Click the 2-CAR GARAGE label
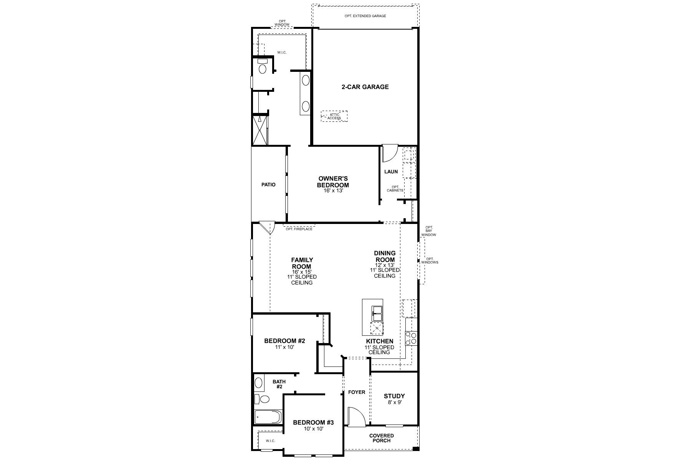point(365,87)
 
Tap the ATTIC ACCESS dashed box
point(334,116)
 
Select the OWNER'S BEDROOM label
point(333,182)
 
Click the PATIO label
point(268,184)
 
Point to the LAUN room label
point(391,172)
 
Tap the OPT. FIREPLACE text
point(299,229)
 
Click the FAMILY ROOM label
point(302,263)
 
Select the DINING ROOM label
point(385,256)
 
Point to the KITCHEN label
point(379,341)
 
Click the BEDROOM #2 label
point(284,341)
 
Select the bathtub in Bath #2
point(268,416)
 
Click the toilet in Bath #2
point(264,399)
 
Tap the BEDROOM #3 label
point(313,423)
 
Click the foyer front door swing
point(355,416)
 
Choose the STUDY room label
point(394,396)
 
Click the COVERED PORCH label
point(382,438)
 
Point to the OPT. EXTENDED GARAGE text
point(365,16)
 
